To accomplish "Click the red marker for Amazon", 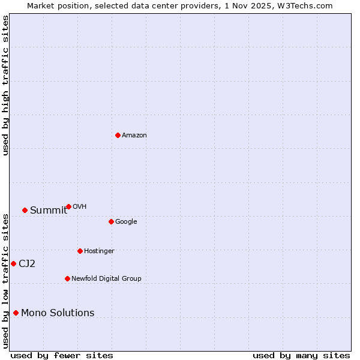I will [x=118, y=135].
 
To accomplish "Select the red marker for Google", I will [x=111, y=221].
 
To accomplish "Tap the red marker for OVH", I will [x=68, y=206].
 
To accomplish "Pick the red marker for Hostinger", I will [x=80, y=251].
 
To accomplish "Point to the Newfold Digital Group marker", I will [x=67, y=278].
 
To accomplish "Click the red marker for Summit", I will [x=25, y=210].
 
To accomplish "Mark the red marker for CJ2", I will [x=13, y=263].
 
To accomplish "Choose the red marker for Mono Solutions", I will [x=16, y=313].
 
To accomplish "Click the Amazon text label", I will [x=134, y=136].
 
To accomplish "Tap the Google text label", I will [x=126, y=222].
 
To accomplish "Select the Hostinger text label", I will [x=99, y=251].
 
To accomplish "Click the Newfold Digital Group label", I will [x=106, y=279].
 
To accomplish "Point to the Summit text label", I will [x=49, y=211].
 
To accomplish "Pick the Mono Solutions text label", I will [x=58, y=313].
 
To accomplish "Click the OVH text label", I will [x=80, y=207].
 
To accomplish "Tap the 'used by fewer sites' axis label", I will [x=62, y=356].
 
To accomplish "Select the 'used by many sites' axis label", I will [x=301, y=356].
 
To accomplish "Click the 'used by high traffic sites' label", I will [x=5, y=85].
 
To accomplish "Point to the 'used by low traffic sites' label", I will [x=5, y=281].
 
